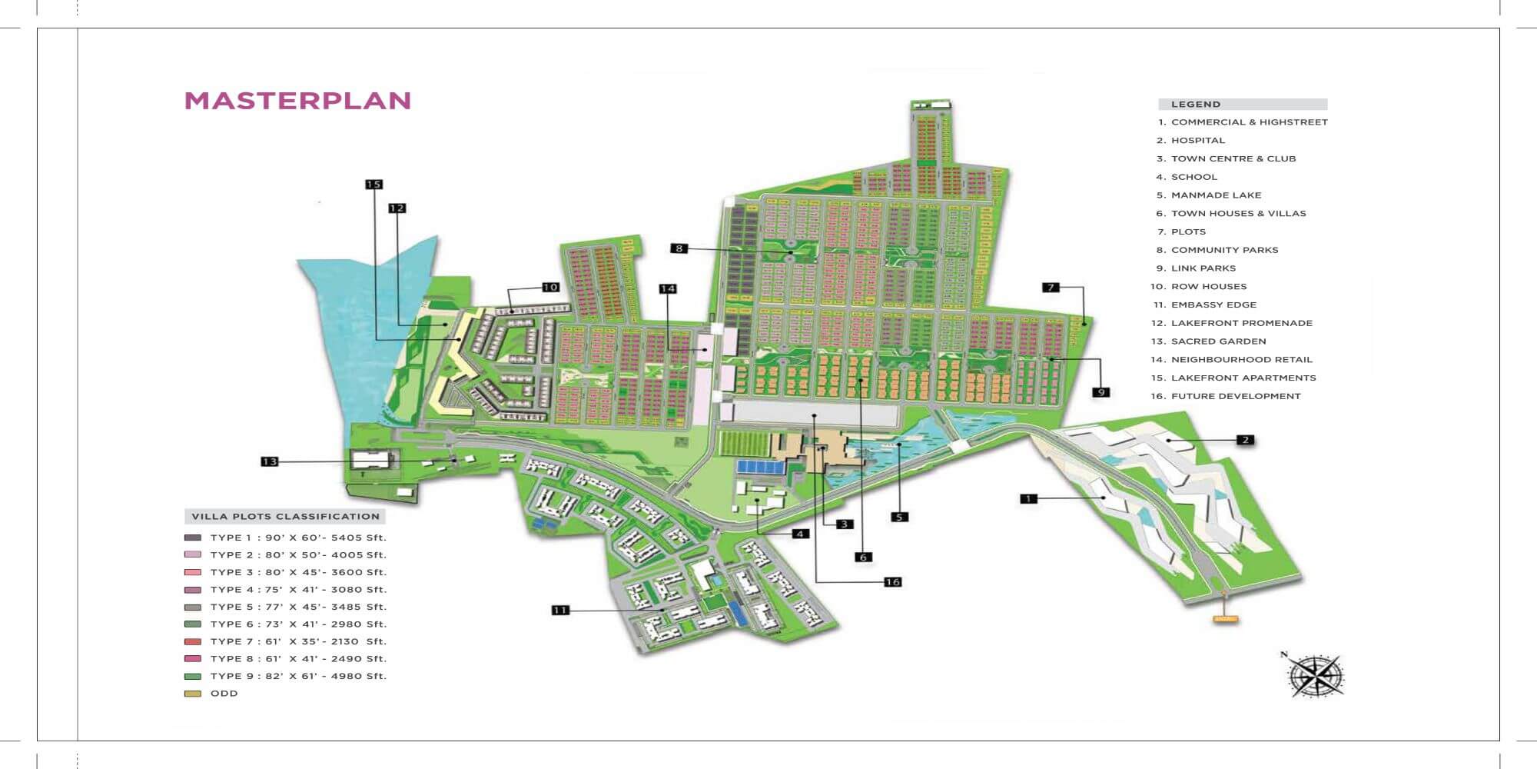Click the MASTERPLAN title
click(x=297, y=101)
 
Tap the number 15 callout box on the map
click(x=373, y=185)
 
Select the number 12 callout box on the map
click(x=397, y=208)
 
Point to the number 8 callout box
click(x=678, y=248)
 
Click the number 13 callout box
click(x=269, y=461)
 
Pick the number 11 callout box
click(x=560, y=611)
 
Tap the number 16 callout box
click(x=892, y=582)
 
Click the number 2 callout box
click(x=1245, y=440)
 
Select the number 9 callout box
click(x=1101, y=392)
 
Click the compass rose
click(x=1316, y=676)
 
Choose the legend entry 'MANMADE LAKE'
click(x=1216, y=195)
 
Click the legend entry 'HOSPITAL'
click(x=1197, y=141)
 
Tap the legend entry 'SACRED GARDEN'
click(x=1218, y=341)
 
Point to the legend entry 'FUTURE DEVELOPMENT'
click(x=1235, y=396)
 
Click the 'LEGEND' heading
click(x=1195, y=105)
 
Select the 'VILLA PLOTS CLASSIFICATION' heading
click(x=285, y=517)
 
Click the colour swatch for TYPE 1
click(x=193, y=538)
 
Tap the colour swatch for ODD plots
click(x=193, y=694)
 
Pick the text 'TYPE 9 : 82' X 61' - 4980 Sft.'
click(x=298, y=676)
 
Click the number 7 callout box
click(x=1051, y=288)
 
